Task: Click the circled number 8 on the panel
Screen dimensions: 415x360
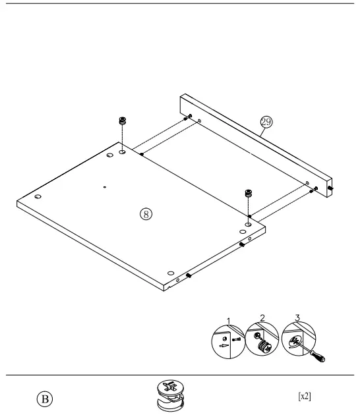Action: pos(146,213)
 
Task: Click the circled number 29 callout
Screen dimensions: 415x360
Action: pos(266,122)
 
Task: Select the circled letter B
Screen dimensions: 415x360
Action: pos(45,399)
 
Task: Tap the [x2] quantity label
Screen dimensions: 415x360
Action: pos(304,396)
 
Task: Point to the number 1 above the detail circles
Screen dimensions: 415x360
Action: pos(229,321)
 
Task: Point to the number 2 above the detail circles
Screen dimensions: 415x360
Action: pos(262,318)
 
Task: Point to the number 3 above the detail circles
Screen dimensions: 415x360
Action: pos(297,318)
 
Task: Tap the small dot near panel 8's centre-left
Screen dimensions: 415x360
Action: pos(104,187)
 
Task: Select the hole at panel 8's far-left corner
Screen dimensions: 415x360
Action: pos(38,197)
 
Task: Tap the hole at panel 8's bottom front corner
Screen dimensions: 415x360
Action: pos(171,272)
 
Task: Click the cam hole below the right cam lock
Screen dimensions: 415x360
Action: pos(248,225)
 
